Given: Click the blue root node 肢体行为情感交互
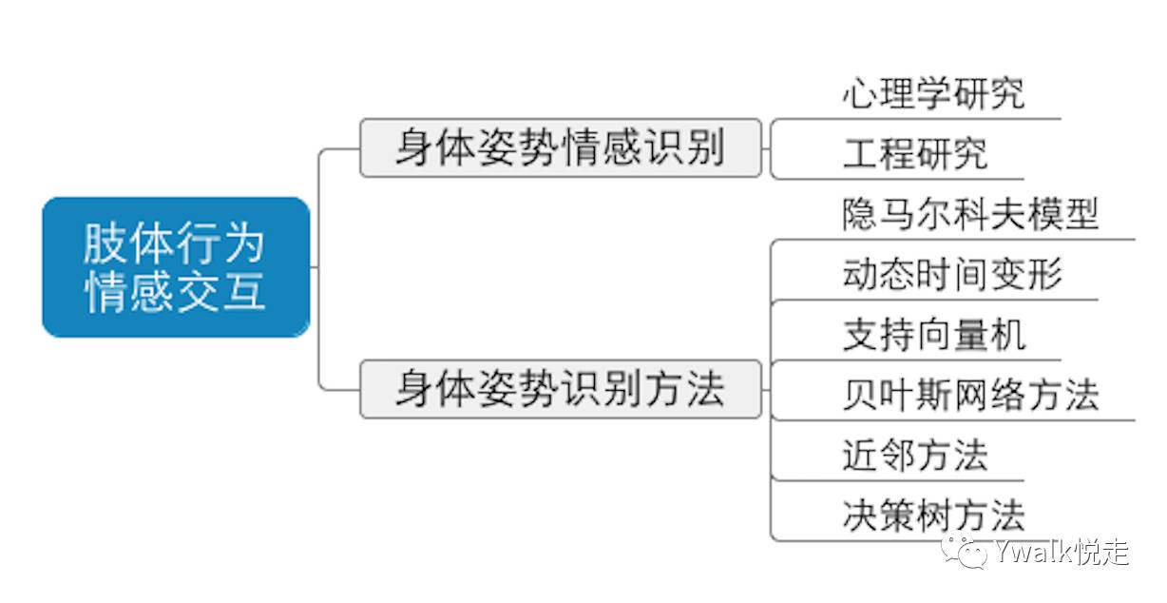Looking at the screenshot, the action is (x=176, y=267).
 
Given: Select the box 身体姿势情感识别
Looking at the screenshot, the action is (x=561, y=148).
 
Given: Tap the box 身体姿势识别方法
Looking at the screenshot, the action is (x=561, y=389).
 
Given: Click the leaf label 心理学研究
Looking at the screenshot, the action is (x=933, y=94).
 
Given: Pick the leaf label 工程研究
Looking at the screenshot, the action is (x=915, y=154).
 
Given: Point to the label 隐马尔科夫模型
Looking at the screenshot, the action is (x=970, y=214).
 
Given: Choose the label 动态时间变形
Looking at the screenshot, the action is (x=952, y=274).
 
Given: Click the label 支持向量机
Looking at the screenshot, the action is (x=934, y=335).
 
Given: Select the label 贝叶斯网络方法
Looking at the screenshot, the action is (x=970, y=395).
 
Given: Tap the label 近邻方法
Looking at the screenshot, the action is (x=915, y=455).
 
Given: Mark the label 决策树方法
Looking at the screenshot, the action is (x=933, y=515).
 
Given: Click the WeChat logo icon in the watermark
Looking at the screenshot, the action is (x=964, y=551).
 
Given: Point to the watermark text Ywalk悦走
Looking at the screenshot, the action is (x=1062, y=552).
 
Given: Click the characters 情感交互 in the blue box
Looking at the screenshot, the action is (x=175, y=291).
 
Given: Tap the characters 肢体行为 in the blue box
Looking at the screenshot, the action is (x=174, y=243).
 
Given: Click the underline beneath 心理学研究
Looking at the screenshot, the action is (x=916, y=119).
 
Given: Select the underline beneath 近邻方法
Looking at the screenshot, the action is (x=898, y=480).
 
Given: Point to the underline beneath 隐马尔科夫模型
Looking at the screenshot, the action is (x=953, y=240).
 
